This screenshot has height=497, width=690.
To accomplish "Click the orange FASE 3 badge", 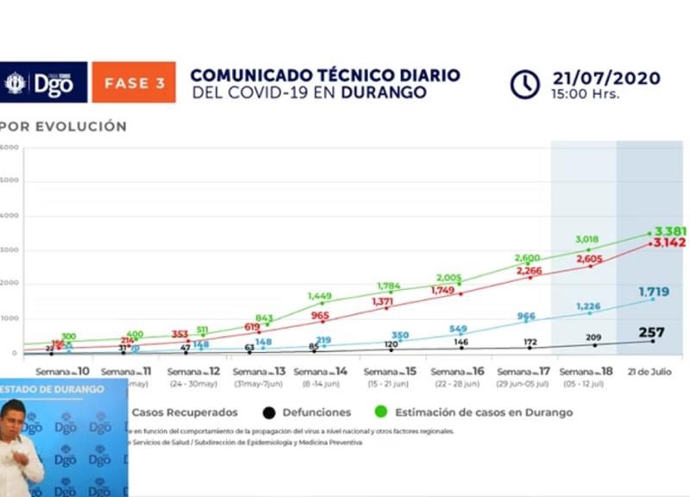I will (x=134, y=83).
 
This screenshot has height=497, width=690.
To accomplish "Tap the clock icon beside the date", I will (x=524, y=84).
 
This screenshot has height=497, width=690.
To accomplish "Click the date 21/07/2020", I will (x=606, y=79).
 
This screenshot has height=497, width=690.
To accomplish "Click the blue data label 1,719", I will (x=654, y=293).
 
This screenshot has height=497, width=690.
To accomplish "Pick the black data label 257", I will (x=653, y=332).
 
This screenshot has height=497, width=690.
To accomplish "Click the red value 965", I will (x=320, y=316).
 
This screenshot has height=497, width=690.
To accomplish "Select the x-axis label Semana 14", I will (x=325, y=371).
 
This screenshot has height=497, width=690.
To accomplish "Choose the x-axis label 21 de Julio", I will (x=651, y=371).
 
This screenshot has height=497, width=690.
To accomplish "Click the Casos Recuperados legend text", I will (x=185, y=412).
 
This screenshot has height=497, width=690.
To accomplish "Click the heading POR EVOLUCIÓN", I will (x=64, y=127).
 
